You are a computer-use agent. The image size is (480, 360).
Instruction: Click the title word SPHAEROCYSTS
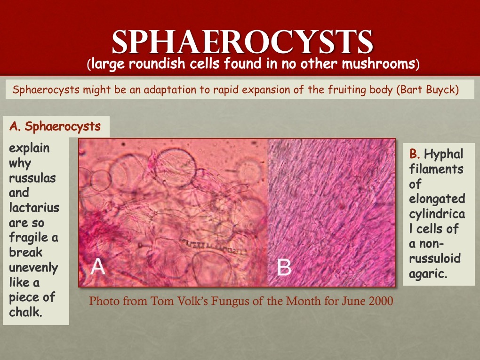pyautogui.click(x=242, y=42)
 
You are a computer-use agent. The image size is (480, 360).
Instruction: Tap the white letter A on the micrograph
pyautogui.click(x=98, y=267)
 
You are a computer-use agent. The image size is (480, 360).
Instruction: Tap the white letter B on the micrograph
pyautogui.click(x=284, y=267)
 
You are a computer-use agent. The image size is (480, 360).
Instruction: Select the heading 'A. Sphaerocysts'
pyautogui.click(x=55, y=126)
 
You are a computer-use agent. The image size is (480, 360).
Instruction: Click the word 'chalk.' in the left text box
pyautogui.click(x=25, y=312)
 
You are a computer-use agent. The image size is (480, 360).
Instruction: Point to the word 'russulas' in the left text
pyautogui.click(x=32, y=177)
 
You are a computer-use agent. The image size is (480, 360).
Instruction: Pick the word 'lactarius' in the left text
pyautogui.click(x=34, y=207)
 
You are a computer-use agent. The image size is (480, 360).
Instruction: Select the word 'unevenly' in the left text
pyautogui.click(x=33, y=268)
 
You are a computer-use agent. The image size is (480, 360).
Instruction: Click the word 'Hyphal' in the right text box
pyautogui.click(x=444, y=154)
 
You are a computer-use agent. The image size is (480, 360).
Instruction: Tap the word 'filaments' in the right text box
pyautogui.click(x=436, y=168)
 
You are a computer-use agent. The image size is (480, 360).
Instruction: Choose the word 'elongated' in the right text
pyautogui.click(x=437, y=199)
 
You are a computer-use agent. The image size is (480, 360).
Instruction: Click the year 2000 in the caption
pyautogui.click(x=381, y=301)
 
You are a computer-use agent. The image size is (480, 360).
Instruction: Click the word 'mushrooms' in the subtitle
pyautogui.click(x=378, y=64)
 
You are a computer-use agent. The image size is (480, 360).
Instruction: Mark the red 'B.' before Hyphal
pyautogui.click(x=415, y=154)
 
